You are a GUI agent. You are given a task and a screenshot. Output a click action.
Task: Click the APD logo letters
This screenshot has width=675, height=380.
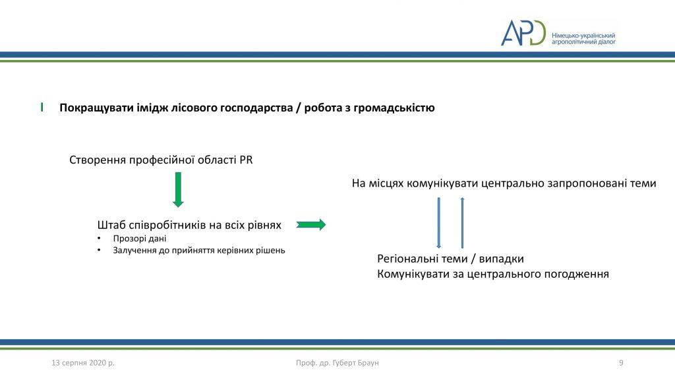[x=523, y=32]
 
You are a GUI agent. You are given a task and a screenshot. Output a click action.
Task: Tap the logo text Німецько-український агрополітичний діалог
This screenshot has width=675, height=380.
[x=584, y=39]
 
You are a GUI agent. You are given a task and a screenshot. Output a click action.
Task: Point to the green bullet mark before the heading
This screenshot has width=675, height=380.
[x=42, y=108]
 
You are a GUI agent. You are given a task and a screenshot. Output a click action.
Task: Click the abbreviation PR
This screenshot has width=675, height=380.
[x=247, y=160]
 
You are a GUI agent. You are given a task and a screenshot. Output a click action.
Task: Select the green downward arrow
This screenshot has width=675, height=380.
[x=178, y=189]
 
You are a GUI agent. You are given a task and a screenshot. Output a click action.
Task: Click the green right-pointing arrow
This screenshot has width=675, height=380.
[x=311, y=224]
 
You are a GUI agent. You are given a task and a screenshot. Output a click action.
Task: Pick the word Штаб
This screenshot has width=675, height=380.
[x=111, y=225]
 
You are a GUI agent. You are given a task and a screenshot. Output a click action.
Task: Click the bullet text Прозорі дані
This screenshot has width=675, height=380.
[x=140, y=238]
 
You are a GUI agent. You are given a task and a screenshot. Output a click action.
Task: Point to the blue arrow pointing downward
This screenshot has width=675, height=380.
[x=438, y=223]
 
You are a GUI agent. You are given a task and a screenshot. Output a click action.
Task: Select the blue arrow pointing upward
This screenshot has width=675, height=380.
[x=462, y=223]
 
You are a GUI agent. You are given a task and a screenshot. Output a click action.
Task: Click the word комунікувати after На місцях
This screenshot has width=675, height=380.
[x=442, y=183]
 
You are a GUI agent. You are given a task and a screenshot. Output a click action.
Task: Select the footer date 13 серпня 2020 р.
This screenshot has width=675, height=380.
[x=83, y=363]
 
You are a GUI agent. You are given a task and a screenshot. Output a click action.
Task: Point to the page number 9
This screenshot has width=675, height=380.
[x=621, y=363]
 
